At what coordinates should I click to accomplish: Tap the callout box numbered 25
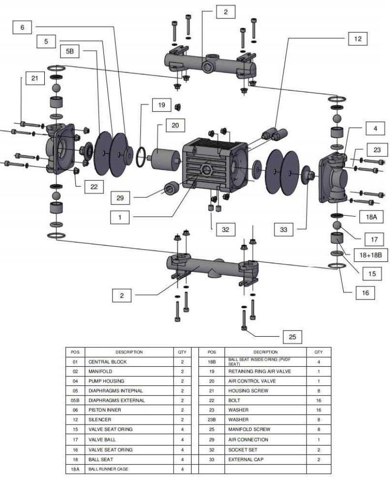292,337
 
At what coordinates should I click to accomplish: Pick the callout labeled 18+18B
371,255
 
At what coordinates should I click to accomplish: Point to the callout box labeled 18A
361,217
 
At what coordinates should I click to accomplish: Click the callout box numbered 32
226,229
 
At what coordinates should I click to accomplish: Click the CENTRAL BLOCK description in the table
105,362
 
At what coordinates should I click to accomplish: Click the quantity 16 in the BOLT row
318,401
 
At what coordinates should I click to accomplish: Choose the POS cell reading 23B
212,420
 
